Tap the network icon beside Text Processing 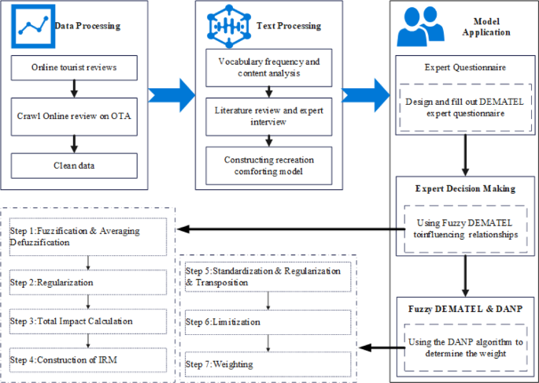(x=226, y=26)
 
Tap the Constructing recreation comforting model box (x=268, y=164)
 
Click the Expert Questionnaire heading (x=460, y=67)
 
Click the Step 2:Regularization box (x=88, y=281)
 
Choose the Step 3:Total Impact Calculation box (x=88, y=321)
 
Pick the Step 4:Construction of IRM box (x=88, y=359)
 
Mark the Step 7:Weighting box (x=268, y=363)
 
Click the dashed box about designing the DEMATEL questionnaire (x=460, y=107)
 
